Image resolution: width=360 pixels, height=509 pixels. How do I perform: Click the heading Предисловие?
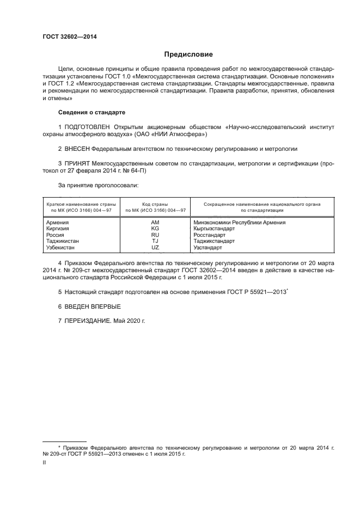189,54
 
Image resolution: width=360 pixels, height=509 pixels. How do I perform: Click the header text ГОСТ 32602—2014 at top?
66,36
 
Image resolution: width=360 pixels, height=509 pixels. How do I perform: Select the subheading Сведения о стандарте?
91,112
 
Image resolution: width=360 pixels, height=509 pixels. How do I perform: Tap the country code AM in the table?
155,222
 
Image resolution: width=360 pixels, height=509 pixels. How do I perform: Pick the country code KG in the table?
155,229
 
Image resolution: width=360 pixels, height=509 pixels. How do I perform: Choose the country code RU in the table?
155,235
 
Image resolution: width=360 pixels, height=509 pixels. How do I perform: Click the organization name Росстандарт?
210,235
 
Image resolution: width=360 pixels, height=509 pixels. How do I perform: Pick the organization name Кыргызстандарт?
214,229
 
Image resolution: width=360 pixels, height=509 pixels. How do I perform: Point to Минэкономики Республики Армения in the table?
239,222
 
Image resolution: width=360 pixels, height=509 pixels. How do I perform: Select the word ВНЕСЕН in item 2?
76,148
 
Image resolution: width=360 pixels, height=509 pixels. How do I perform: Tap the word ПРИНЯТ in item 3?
76,163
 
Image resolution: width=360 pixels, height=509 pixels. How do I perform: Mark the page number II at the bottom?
44,462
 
